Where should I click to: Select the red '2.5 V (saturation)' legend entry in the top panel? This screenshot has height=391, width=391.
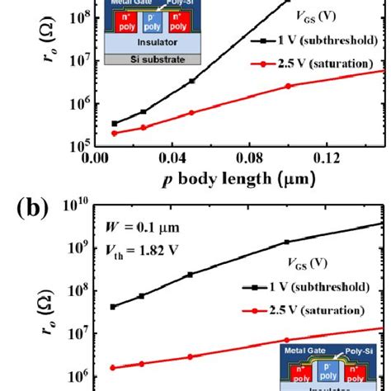pos(306,64)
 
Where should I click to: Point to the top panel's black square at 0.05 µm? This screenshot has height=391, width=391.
pos(191,81)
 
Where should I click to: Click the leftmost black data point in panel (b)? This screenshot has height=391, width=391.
pos(114,306)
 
